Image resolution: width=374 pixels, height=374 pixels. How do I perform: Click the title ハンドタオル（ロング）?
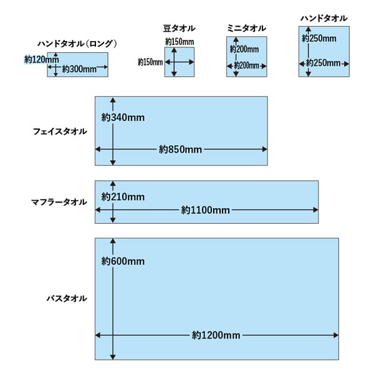coord(77,44)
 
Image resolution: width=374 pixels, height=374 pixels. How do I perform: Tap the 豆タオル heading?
coord(179,29)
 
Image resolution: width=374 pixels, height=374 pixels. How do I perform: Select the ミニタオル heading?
coord(246,29)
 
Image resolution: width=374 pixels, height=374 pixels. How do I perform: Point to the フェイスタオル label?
coord(60,132)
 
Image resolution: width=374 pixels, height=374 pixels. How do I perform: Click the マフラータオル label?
coord(59,202)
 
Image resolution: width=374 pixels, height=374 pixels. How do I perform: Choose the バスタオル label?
coord(67,299)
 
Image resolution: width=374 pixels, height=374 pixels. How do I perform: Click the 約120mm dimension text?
coord(42,59)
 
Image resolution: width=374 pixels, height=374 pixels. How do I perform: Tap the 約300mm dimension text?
coord(79,69)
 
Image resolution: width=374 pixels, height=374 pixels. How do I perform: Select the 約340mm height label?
coord(123,118)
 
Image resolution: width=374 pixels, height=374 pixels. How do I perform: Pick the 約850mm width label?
coord(181,150)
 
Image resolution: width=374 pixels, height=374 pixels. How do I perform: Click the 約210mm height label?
coord(123,197)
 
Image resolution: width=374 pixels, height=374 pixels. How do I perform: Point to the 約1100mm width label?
coord(206,210)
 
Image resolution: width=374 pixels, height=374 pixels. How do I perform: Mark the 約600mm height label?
coord(123,261)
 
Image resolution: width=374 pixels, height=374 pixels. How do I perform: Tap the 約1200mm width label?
coord(216,335)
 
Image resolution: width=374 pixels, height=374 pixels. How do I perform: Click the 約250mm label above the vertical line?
coord(319,39)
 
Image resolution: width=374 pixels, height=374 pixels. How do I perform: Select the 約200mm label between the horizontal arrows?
coord(247,65)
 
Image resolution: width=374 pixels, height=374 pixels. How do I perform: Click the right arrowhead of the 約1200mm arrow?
coord(336,335)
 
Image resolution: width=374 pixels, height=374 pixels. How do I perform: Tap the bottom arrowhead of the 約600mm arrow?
coord(113,357)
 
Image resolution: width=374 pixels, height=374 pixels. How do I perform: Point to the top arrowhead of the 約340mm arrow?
coord(113,100)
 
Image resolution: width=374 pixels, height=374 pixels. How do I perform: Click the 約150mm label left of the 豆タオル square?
coord(150,62)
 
